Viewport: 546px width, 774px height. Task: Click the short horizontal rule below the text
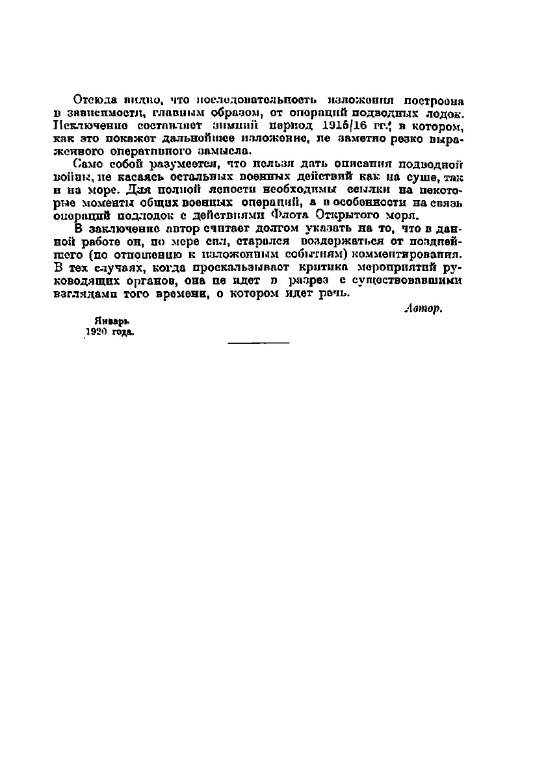(x=259, y=342)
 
